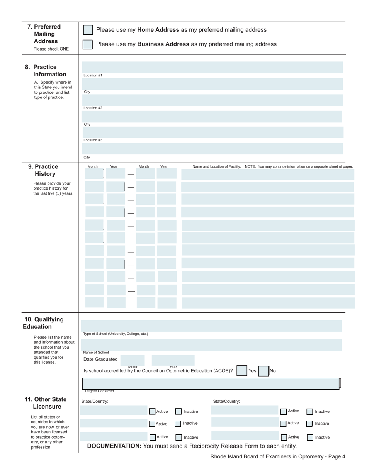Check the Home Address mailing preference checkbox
[88, 30]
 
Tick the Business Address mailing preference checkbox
[88, 44]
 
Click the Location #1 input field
[212, 67]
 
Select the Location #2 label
[93, 108]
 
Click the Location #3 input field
[212, 132]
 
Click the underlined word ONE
[64, 49]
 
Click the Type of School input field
[212, 326]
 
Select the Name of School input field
[212, 345]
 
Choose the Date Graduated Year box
[173, 360]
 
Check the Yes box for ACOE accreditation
[242, 371]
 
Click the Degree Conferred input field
[211, 383]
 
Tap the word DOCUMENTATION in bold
[114, 446]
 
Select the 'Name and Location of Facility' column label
[217, 167]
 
